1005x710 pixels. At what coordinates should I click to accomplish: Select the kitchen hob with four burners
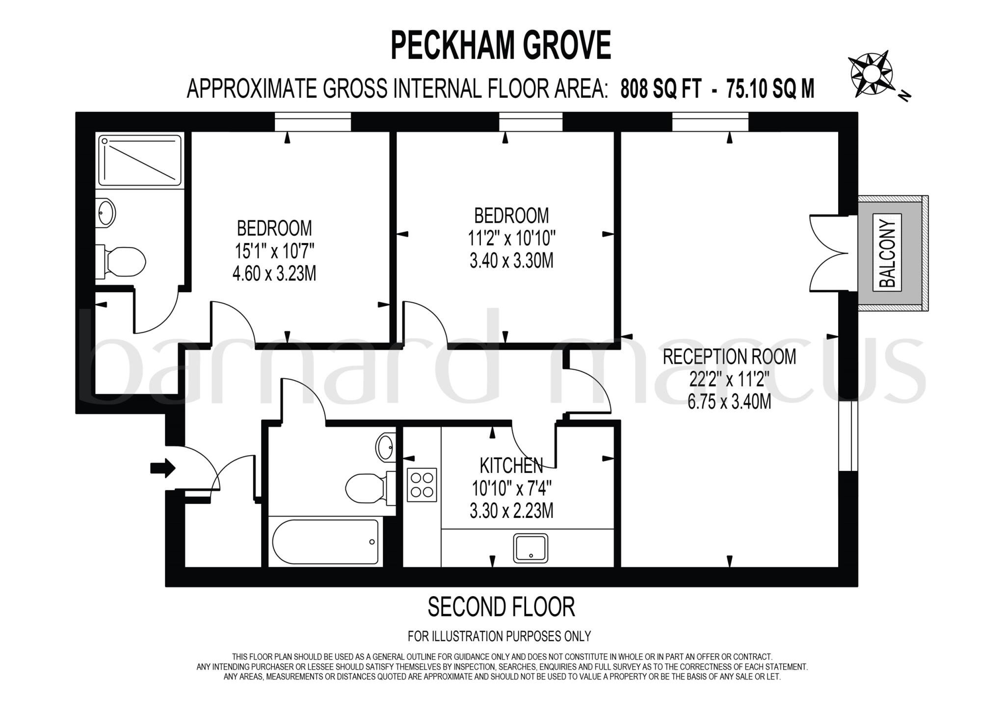[422, 485]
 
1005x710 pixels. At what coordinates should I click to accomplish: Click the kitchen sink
[530, 548]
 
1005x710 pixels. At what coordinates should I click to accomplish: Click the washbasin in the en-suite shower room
[106, 213]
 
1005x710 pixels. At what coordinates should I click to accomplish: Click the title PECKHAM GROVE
[501, 45]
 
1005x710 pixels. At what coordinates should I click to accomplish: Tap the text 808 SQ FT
[661, 89]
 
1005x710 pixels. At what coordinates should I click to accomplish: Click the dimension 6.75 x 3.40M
[729, 402]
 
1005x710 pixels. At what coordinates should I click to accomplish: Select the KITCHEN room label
[511, 464]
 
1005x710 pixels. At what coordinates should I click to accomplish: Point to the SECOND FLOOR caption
[501, 607]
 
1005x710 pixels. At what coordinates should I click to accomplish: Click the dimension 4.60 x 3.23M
[274, 273]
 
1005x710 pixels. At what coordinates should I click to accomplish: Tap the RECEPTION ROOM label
[729, 356]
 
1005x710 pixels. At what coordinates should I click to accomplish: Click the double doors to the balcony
[828, 253]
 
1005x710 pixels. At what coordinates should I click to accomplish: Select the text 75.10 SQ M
[770, 89]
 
